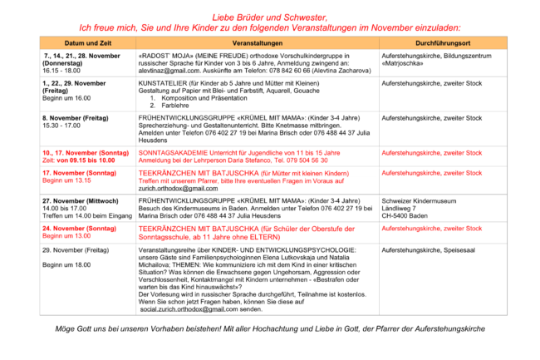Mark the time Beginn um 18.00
coord(68,264)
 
